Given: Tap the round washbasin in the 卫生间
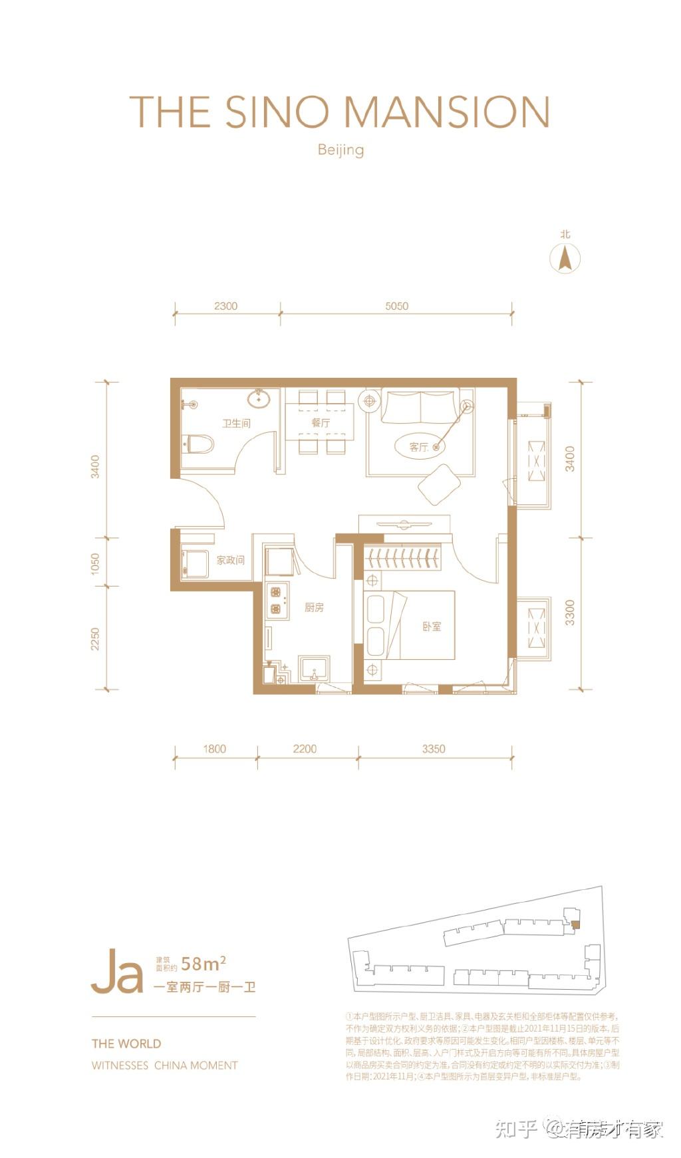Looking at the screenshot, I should tap(258, 399).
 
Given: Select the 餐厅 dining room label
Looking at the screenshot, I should tap(321, 422).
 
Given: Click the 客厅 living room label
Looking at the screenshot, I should tap(418, 447).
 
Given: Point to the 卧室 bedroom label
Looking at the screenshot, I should tap(432, 626).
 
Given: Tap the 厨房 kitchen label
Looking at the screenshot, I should tap(314, 607).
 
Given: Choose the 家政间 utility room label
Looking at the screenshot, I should tap(230, 560).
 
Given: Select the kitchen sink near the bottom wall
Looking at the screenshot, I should tap(314, 668).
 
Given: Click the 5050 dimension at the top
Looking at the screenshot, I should tap(396, 306).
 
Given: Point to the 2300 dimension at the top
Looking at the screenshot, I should tap(226, 306).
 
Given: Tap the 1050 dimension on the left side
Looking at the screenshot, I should tap(95, 564).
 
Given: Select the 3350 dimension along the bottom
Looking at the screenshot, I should tap(433, 749).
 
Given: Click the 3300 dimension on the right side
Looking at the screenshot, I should tap(570, 612).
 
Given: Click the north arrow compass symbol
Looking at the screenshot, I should tap(565, 257).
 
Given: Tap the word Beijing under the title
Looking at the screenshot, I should tap(340, 149).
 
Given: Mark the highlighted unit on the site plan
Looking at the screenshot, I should tap(575, 924).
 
